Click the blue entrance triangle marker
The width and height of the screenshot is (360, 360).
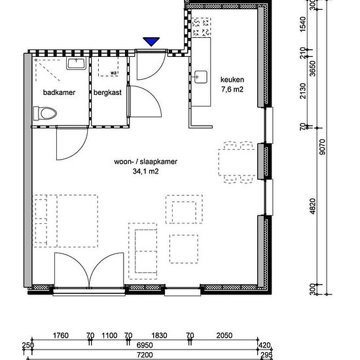tap(151, 41)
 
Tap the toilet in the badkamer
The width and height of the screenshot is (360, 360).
tap(45, 113)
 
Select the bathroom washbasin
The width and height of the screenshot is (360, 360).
tap(76, 63)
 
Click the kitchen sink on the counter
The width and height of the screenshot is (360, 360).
tap(201, 77)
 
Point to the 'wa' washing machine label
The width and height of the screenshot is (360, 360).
tap(113, 73)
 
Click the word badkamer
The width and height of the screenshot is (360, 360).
tap(59, 92)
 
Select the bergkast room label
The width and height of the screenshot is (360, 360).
tap(107, 92)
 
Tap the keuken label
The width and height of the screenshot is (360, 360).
tap(232, 80)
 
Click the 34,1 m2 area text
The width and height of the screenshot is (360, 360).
tap(145, 171)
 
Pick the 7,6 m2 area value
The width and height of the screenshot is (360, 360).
tap(232, 89)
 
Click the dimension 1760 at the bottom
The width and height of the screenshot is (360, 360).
tap(61, 335)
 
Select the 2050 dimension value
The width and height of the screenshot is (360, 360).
tap(225, 335)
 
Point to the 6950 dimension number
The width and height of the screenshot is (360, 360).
tap(145, 345)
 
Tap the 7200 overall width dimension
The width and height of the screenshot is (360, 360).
tap(145, 355)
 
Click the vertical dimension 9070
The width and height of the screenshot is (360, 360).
tap(322, 147)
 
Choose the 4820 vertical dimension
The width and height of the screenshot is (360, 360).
tap(312, 206)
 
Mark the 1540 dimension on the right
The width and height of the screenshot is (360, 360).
tap(303, 24)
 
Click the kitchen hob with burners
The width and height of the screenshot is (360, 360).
tap(202, 27)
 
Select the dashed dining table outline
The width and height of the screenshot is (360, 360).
tap(237, 162)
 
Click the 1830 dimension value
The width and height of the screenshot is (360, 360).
tap(159, 335)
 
